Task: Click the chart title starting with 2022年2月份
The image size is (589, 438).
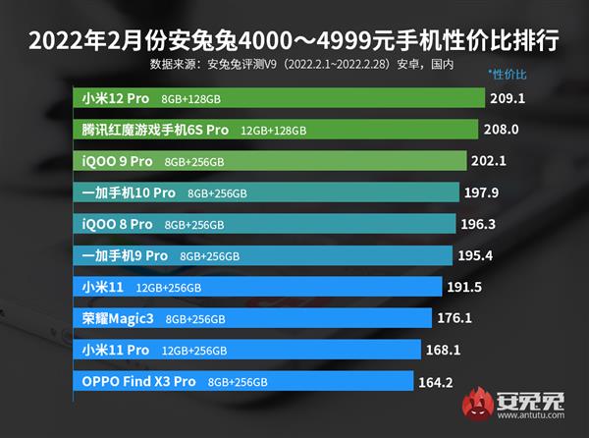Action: point(294,41)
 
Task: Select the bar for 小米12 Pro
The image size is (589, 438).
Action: point(280,98)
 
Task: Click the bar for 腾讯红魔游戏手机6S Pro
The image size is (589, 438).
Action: point(276,130)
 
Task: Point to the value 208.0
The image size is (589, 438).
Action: point(503,130)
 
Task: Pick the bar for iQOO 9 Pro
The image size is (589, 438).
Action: point(270,161)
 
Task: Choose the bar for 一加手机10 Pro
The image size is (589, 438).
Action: point(266,192)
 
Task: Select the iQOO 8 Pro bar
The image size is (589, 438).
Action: point(264,224)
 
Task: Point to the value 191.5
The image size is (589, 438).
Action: point(473,287)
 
